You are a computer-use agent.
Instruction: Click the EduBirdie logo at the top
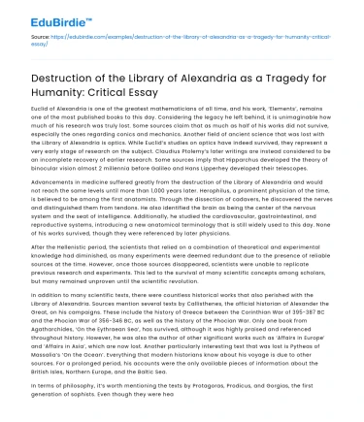tap(46, 13)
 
